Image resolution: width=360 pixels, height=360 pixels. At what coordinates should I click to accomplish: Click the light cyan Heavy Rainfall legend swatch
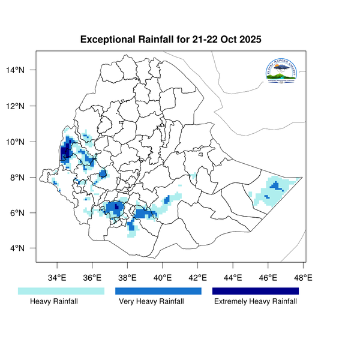[x=61, y=290]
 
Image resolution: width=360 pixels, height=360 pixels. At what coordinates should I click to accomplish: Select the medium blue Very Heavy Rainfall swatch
[x=158, y=290]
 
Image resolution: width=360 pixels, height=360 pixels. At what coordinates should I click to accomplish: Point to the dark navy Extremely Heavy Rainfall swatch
[x=255, y=290]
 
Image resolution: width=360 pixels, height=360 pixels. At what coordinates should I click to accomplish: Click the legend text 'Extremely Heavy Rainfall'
[x=255, y=302]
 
